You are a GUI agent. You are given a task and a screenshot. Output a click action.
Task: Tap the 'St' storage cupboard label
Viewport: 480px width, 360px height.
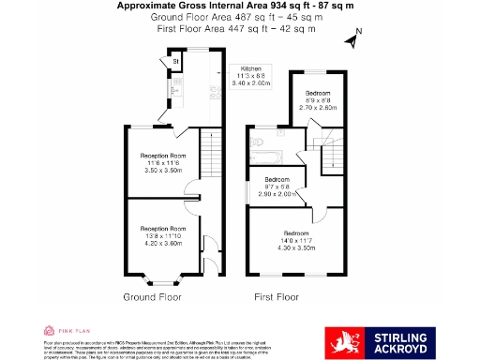[175, 63]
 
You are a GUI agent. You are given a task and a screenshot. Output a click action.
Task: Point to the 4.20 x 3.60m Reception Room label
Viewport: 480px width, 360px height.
[163, 234]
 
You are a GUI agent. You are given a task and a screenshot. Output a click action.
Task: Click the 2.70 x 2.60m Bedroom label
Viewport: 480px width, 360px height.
[318, 99]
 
